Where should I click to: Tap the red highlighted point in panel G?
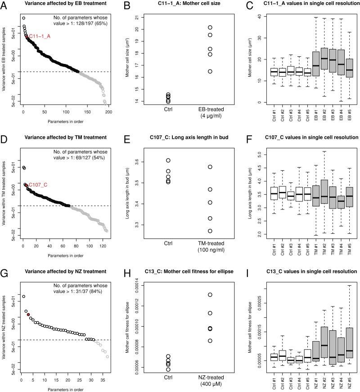point(28,315)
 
